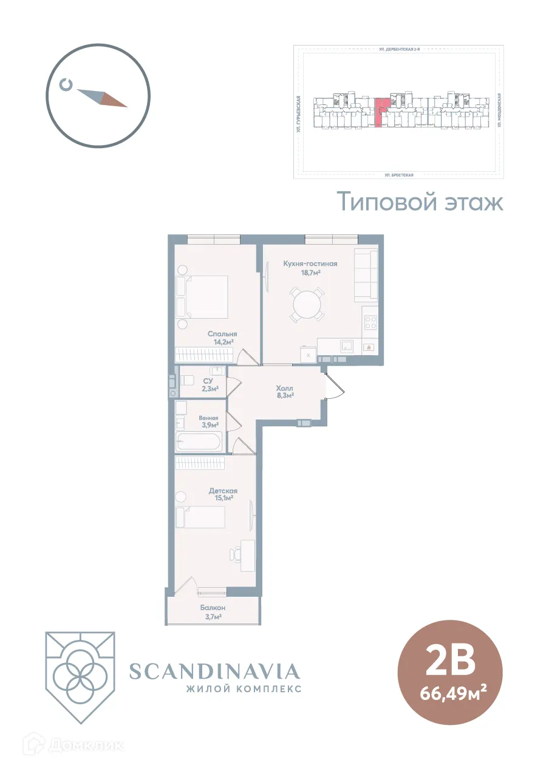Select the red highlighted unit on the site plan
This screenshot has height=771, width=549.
click(x=379, y=112)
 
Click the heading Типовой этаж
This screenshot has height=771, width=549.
click(x=420, y=202)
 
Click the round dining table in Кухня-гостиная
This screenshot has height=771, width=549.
click(x=307, y=304)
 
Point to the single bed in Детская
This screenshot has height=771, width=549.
click(x=200, y=518)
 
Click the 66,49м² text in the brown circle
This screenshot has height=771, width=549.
click(x=450, y=692)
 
